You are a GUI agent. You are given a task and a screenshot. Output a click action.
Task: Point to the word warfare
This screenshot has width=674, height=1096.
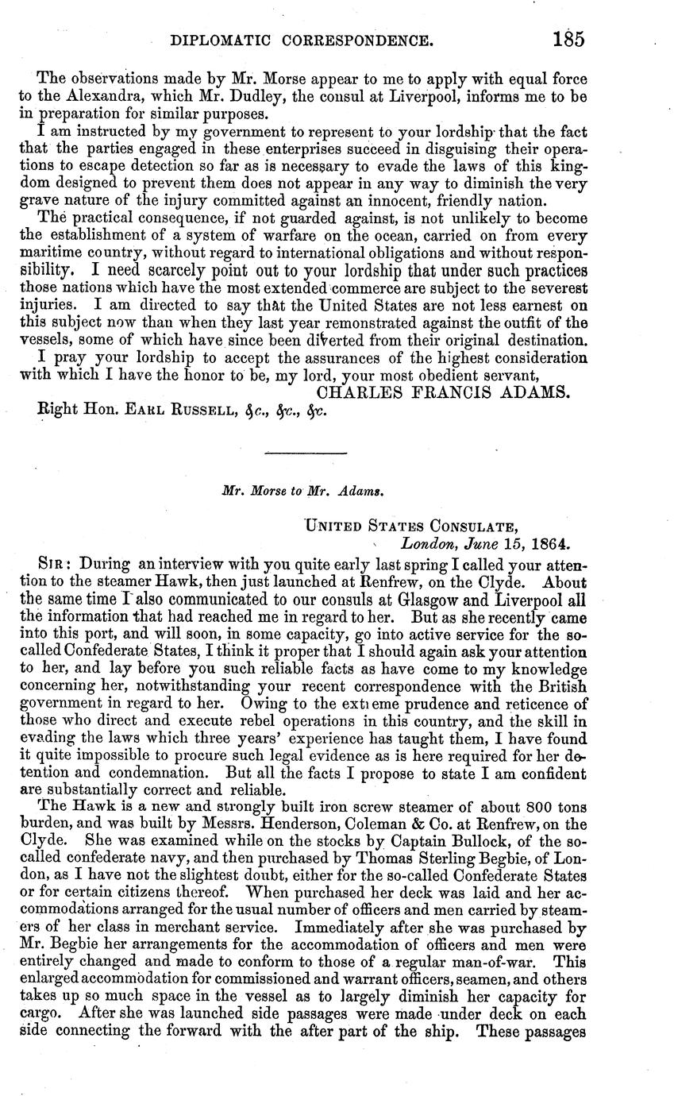[338, 236]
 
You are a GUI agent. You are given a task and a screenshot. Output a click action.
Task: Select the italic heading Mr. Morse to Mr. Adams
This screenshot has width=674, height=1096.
[304, 491]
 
